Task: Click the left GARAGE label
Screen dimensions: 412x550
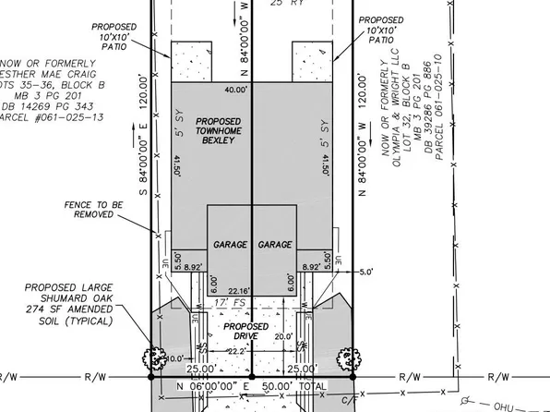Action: click(230, 245)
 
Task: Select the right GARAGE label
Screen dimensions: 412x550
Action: click(275, 245)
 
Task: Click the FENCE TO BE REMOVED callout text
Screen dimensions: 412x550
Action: click(90, 208)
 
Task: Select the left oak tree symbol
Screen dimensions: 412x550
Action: click(152, 357)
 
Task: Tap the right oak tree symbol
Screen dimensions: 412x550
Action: click(349, 356)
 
